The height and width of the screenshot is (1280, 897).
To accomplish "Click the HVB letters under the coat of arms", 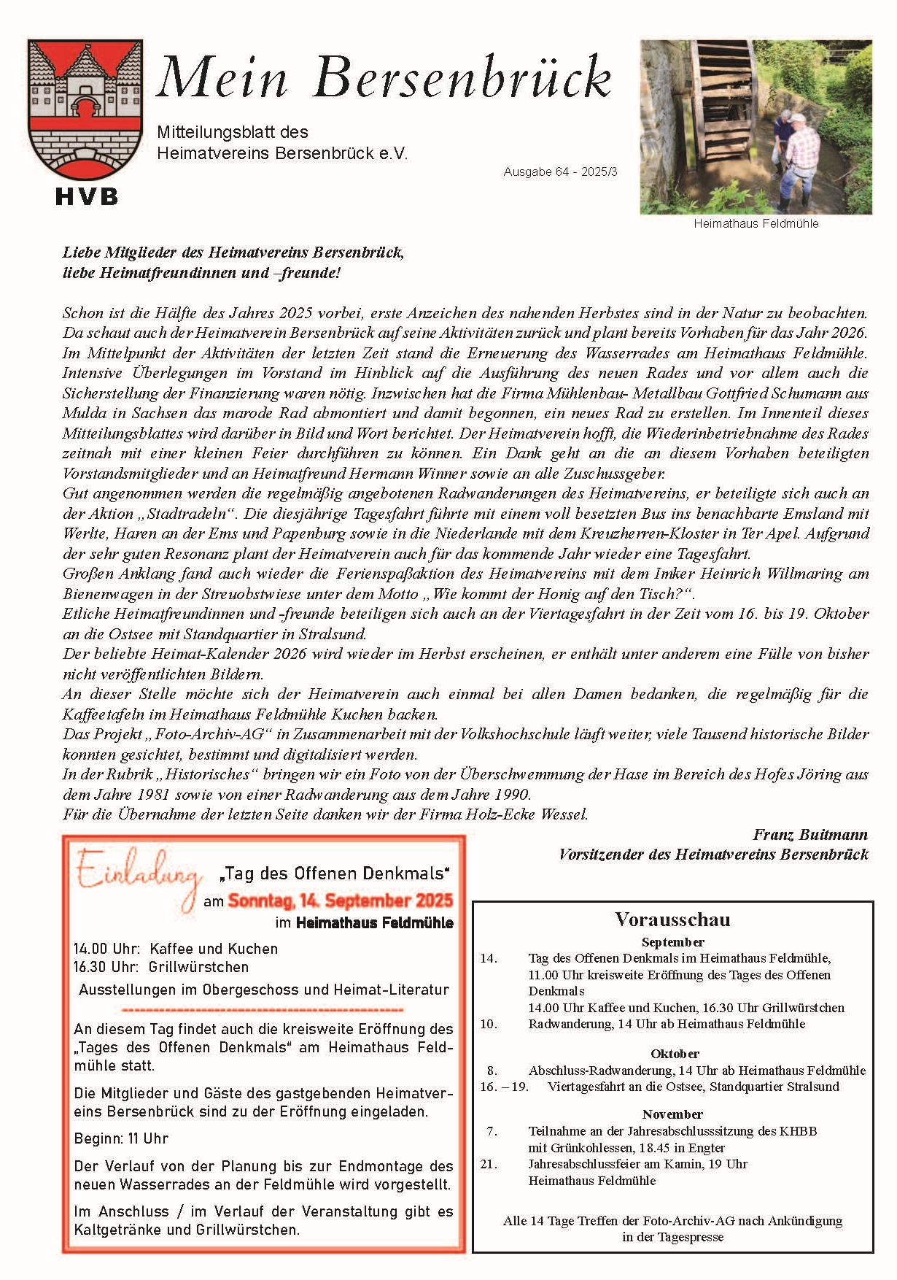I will (x=86, y=196).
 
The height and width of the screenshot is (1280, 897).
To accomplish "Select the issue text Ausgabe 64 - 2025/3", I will (x=560, y=172).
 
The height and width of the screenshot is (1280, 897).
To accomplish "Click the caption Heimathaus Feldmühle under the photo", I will (x=756, y=224).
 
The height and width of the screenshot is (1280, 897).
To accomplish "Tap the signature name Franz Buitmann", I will (x=810, y=834).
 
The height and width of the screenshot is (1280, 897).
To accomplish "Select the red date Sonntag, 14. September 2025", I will (x=340, y=901).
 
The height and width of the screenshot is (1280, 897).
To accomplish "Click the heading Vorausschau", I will (x=672, y=919).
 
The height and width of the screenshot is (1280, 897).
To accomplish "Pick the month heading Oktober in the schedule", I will (x=675, y=1054).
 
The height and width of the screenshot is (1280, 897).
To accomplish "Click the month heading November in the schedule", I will (x=672, y=1114).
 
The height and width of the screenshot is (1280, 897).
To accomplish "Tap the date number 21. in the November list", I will (x=489, y=1164).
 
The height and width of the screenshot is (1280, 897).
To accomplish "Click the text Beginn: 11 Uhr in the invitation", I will (x=121, y=1138).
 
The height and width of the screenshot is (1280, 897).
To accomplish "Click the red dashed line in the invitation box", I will (x=263, y=1010).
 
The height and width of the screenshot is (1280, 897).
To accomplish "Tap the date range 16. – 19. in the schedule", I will (x=504, y=1087).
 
